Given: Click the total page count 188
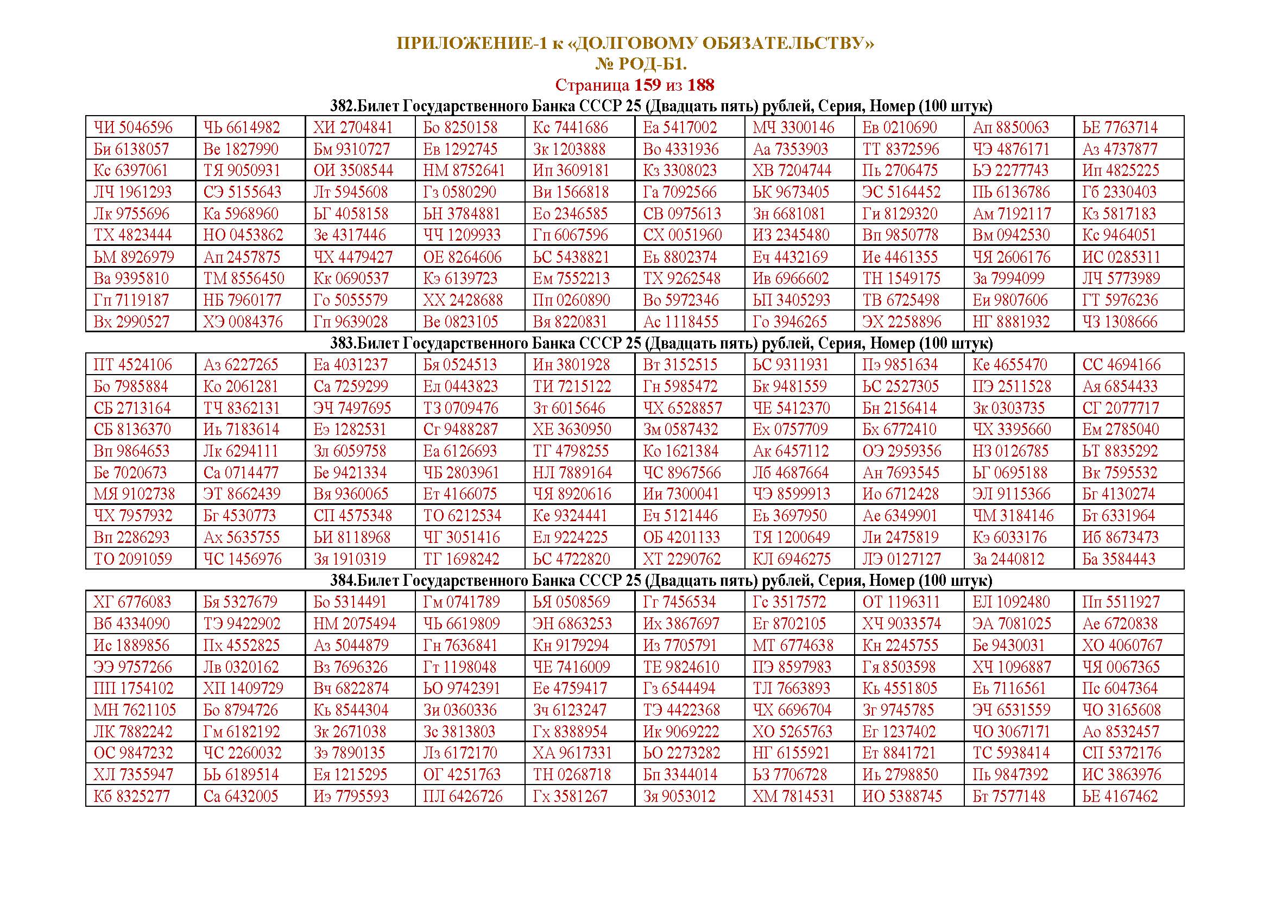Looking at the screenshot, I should pos(701,85).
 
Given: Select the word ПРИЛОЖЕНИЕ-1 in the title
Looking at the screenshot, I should pos(472,43).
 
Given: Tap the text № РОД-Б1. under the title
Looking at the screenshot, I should pos(641,64).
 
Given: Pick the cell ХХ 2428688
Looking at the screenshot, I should pos(463,300).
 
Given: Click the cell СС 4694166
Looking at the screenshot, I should pos(1121,365).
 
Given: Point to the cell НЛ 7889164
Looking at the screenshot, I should pos(572,473).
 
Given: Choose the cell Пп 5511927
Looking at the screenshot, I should pos(1121,602).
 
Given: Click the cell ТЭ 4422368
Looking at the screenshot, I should pos(681,710).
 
